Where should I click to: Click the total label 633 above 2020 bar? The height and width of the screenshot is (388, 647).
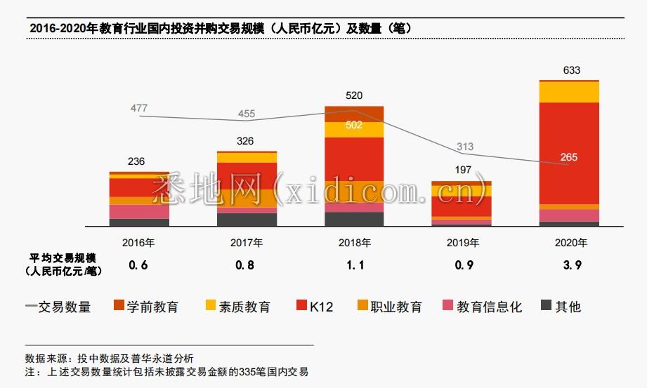click(572, 70)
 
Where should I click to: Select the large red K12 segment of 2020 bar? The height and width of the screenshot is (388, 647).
click(569, 154)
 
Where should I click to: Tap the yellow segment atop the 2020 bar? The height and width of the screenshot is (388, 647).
click(569, 92)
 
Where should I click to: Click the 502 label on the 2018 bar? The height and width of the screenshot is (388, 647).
click(354, 125)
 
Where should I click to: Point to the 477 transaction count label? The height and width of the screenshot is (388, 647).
click(139, 108)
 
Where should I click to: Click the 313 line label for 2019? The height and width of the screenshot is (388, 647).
click(465, 147)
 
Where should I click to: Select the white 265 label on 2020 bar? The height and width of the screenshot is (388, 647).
click(568, 157)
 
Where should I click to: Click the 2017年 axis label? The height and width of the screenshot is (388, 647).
click(247, 243)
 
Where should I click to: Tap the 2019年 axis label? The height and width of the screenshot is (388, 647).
click(462, 243)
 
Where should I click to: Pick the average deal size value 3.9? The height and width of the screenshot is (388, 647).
click(573, 265)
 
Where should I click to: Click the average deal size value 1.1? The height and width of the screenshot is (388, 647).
click(355, 265)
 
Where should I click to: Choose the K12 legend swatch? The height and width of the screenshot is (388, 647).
click(301, 305)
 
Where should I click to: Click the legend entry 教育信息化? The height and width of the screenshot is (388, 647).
click(490, 307)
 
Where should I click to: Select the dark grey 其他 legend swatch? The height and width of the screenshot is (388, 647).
click(546, 305)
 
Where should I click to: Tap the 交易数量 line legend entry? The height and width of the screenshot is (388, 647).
click(58, 307)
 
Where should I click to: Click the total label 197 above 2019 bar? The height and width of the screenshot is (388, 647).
click(463, 170)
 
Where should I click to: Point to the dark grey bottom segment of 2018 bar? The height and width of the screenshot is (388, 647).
click(354, 219)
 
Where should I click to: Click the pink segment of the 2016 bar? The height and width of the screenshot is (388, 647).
click(139, 211)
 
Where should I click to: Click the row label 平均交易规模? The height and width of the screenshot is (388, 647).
click(63, 258)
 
